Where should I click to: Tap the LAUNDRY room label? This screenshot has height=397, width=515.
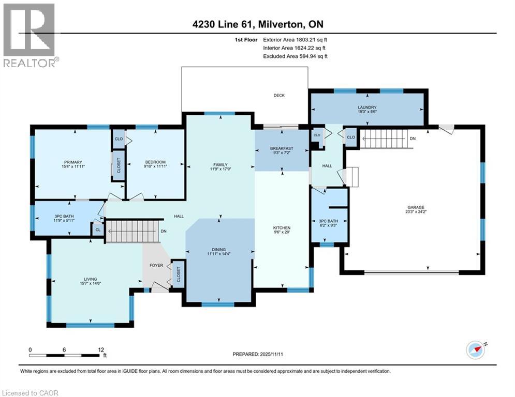point(366,107)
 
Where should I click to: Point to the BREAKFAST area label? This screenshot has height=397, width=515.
point(282,148)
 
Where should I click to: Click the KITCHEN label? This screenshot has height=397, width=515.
point(282,227)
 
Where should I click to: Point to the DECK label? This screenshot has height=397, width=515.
point(279,95)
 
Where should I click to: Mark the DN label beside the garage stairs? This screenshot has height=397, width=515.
point(412,139)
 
